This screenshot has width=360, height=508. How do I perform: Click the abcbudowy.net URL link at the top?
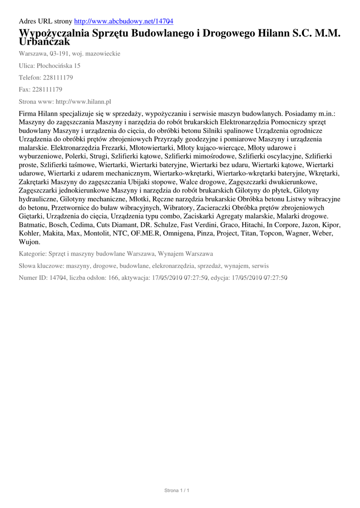pyautogui.click(x=124, y=21)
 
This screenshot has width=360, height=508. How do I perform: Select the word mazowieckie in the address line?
pyautogui.click(x=102, y=53)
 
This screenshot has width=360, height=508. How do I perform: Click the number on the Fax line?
pyautogui.click(x=47, y=89)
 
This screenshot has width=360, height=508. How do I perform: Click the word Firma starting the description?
pyautogui.click(x=28, y=113)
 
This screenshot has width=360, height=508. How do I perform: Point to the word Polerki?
pyautogui.click(x=76, y=156)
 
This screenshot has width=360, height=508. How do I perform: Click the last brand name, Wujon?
pyautogui.click(x=29, y=242)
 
